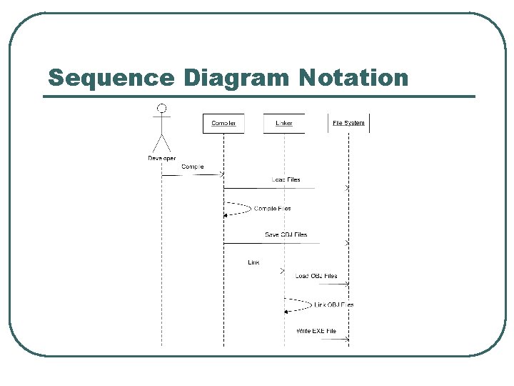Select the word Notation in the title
tap(354, 77)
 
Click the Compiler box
tap(223, 123)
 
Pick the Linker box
tap(284, 123)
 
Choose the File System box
tap(348, 123)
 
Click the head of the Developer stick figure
tap(162, 108)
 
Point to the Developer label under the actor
tap(162, 158)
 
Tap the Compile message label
tap(193, 167)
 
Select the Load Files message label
tap(286, 179)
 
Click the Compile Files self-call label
tap(273, 209)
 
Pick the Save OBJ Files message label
tap(286, 234)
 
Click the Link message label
tap(253, 262)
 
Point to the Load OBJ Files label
tap(316, 276)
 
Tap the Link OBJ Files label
tap(334, 305)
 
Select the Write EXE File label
tap(316, 330)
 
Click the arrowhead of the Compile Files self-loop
tap(226, 214)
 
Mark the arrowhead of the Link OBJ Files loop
tap(286, 311)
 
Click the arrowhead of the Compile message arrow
tap(221, 174)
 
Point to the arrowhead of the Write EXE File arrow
tap(347, 340)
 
